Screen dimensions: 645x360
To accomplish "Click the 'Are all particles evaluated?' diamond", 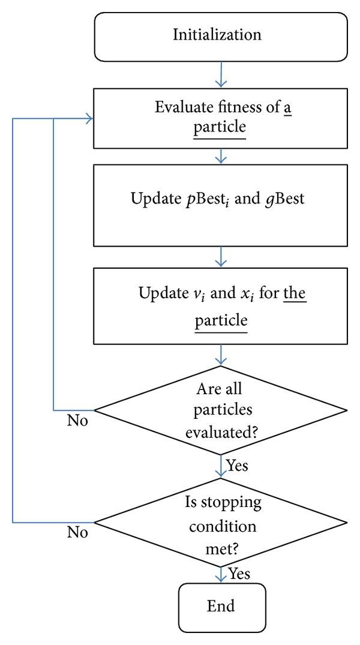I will click(x=221, y=412).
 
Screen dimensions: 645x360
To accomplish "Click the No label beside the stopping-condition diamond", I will click(x=77, y=532).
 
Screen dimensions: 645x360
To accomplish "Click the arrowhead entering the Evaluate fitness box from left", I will click(x=89, y=119).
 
